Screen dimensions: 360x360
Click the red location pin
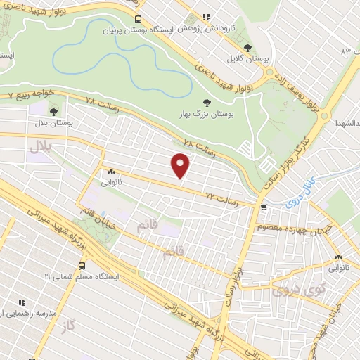tap(181, 166)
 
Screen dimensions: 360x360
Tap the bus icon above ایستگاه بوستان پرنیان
tap(138, 19)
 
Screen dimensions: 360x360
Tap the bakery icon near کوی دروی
tap(339, 257)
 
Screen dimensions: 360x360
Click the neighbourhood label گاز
tap(68, 325)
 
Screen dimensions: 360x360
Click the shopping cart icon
tap(264, 207)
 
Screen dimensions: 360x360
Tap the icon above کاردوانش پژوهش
tap(206, 17)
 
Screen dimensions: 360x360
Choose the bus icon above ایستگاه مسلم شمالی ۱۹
tap(83, 266)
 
